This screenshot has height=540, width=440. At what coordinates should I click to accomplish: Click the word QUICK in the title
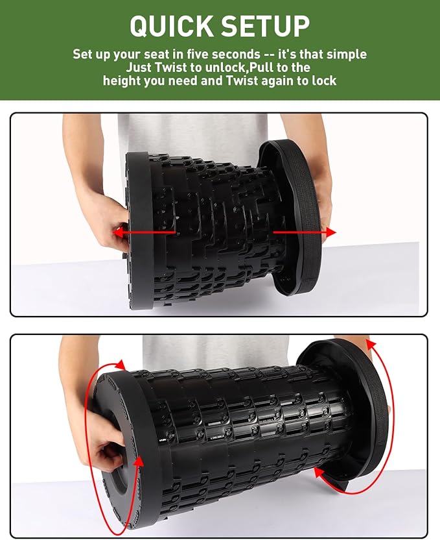click(x=170, y=26)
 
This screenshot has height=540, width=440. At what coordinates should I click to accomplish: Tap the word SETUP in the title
click(x=264, y=26)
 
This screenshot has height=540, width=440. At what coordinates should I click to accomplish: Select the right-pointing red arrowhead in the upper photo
click(x=331, y=232)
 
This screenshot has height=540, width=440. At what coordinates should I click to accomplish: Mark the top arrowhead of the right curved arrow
click(x=370, y=344)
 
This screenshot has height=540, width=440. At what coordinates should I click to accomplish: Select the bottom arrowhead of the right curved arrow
click(x=319, y=472)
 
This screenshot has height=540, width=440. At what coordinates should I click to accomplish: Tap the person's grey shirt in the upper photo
click(x=194, y=133)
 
